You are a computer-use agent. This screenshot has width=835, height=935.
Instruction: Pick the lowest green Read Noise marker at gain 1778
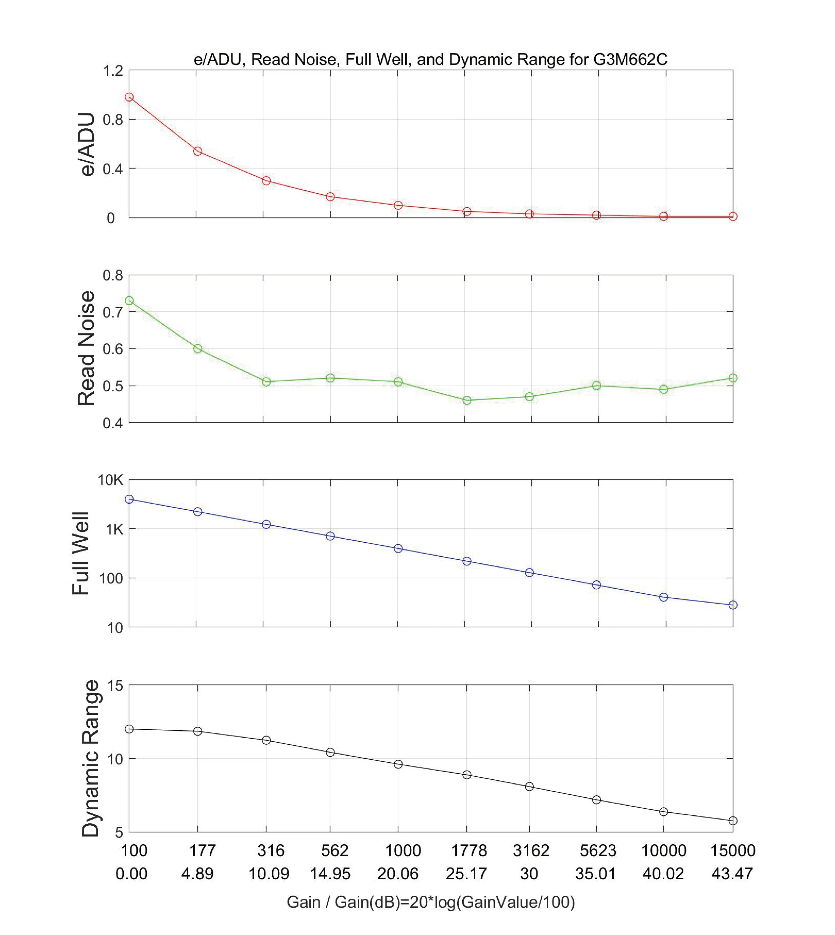(x=467, y=400)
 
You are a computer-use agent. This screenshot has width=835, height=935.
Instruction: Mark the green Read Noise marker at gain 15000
(x=733, y=378)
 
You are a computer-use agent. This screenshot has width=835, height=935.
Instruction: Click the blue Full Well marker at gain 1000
(x=398, y=548)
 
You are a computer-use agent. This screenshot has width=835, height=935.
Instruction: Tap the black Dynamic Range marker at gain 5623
(x=596, y=800)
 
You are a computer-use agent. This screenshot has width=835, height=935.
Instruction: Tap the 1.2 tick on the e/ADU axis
(x=113, y=71)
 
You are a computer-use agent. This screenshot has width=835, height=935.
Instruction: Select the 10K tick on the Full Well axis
(x=110, y=480)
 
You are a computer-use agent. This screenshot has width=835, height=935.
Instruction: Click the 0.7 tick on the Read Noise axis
(x=113, y=312)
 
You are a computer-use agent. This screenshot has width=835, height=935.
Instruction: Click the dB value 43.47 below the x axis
(x=732, y=873)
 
